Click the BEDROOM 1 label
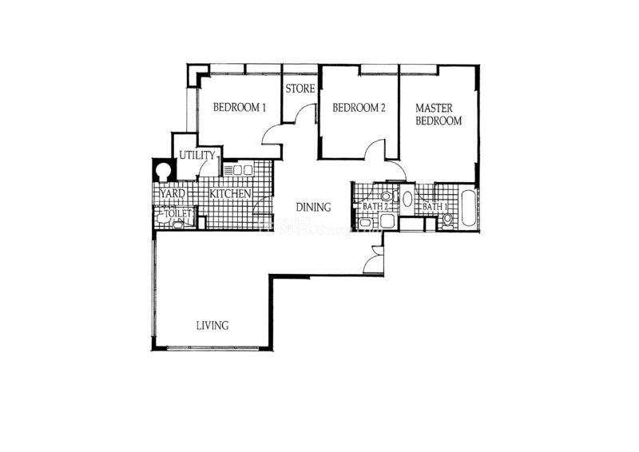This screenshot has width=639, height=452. [x=240, y=108]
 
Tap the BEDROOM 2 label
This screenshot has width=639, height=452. [x=359, y=108]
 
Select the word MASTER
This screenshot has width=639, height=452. [x=434, y=109]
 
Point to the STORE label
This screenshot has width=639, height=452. [x=300, y=89]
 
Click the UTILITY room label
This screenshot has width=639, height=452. [x=197, y=155]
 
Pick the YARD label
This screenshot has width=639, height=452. [x=173, y=193]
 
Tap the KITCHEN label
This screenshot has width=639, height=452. [x=230, y=193]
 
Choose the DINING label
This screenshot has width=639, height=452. [x=313, y=208]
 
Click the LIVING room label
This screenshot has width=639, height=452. [x=212, y=326]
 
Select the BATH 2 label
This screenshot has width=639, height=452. [x=375, y=207]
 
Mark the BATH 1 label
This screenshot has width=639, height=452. [x=435, y=207]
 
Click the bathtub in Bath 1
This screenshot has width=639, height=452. [x=468, y=208]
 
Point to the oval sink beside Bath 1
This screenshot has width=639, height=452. [x=407, y=199]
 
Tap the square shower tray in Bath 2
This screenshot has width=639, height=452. [x=387, y=222]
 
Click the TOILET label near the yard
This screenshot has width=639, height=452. [x=177, y=214]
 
